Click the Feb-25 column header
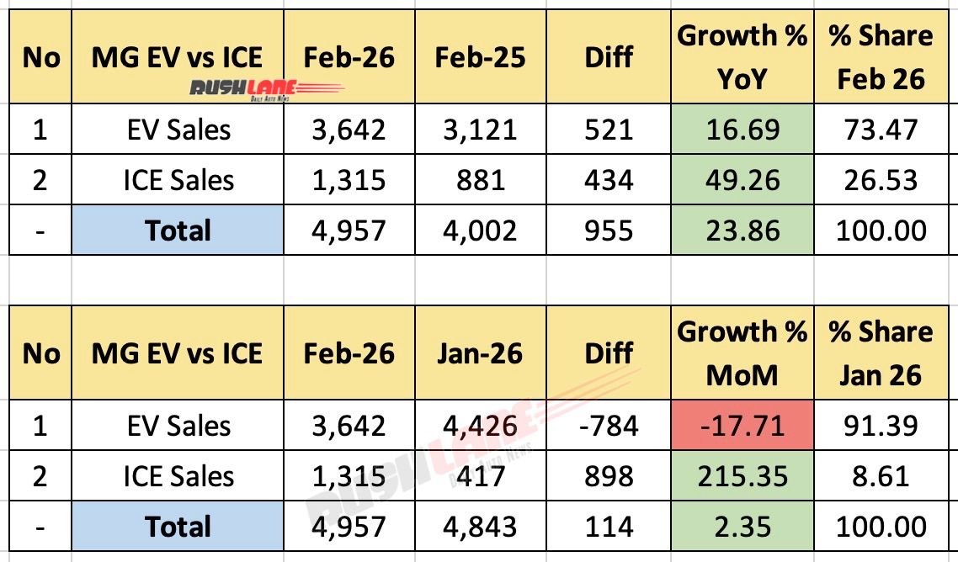tap(480, 57)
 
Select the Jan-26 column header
tap(480, 353)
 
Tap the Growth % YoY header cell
tap(742, 57)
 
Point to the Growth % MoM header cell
tap(742, 353)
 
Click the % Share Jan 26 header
tap(881, 353)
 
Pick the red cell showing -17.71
tap(742, 425)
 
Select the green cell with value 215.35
tap(742, 476)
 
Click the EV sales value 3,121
tap(480, 130)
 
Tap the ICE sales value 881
tap(480, 180)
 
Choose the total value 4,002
tap(480, 231)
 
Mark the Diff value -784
tap(608, 425)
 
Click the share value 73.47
tap(881, 130)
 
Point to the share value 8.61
tap(881, 476)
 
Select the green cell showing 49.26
tap(742, 180)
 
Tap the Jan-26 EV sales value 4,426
tap(480, 425)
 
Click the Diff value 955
tap(608, 231)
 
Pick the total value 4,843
tap(480, 527)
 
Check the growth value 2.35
tap(742, 527)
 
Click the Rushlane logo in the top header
tap(253, 89)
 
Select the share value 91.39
tap(881, 425)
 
